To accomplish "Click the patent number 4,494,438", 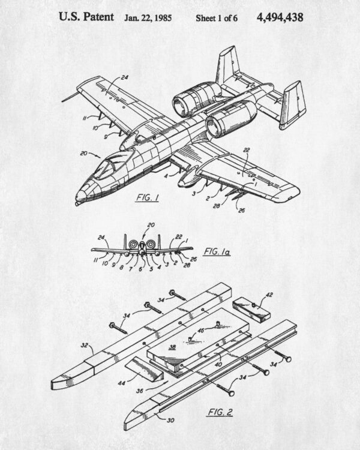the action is [280, 17].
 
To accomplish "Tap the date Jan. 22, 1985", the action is [148, 18].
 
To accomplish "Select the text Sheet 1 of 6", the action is [217, 18].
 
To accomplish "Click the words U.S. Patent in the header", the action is [86, 17].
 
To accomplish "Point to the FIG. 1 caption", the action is [147, 197].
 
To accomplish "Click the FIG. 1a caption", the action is [217, 252].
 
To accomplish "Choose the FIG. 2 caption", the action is [220, 412].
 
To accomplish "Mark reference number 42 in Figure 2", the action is [269, 295].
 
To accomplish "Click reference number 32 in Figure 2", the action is [85, 345].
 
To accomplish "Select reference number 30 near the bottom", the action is [170, 421].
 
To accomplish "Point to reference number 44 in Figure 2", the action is [121, 383].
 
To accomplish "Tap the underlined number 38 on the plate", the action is [172, 347].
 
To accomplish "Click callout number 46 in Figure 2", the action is [201, 331].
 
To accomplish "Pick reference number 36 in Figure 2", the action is [140, 391].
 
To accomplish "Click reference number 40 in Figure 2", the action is [218, 364].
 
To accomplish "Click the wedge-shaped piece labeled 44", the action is [144, 370].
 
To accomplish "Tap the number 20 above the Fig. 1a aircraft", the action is [151, 225].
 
